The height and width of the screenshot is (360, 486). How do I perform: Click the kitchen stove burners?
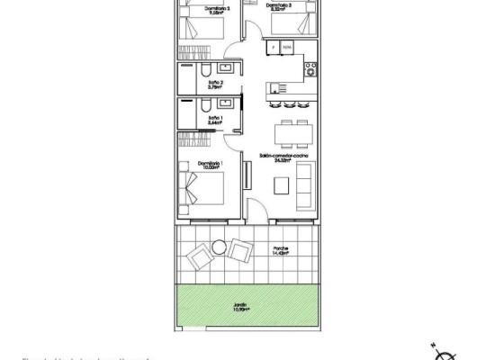click(310, 71)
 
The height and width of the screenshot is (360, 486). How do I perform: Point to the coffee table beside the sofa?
click(282, 187)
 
